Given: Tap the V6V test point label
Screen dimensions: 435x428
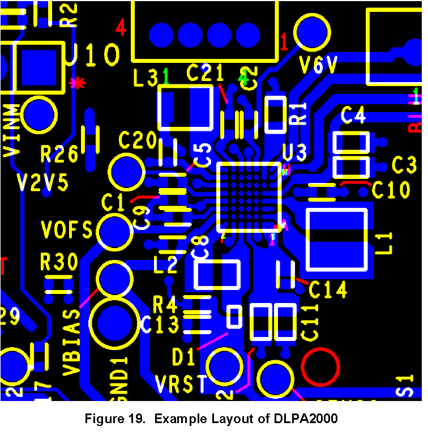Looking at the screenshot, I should point(319,65).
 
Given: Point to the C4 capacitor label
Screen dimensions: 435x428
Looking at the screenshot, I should point(353,116).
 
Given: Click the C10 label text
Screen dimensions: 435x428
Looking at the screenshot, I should point(391,190).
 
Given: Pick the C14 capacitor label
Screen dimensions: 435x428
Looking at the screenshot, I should point(328,290).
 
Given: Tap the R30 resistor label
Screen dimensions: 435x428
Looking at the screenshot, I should point(59,262).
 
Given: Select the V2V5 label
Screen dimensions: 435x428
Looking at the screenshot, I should point(42,183).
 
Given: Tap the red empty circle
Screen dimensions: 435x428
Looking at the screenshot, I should point(320,368).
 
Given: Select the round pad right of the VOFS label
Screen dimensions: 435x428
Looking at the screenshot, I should point(115,231).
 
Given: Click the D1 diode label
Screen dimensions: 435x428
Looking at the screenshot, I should point(184,357).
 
